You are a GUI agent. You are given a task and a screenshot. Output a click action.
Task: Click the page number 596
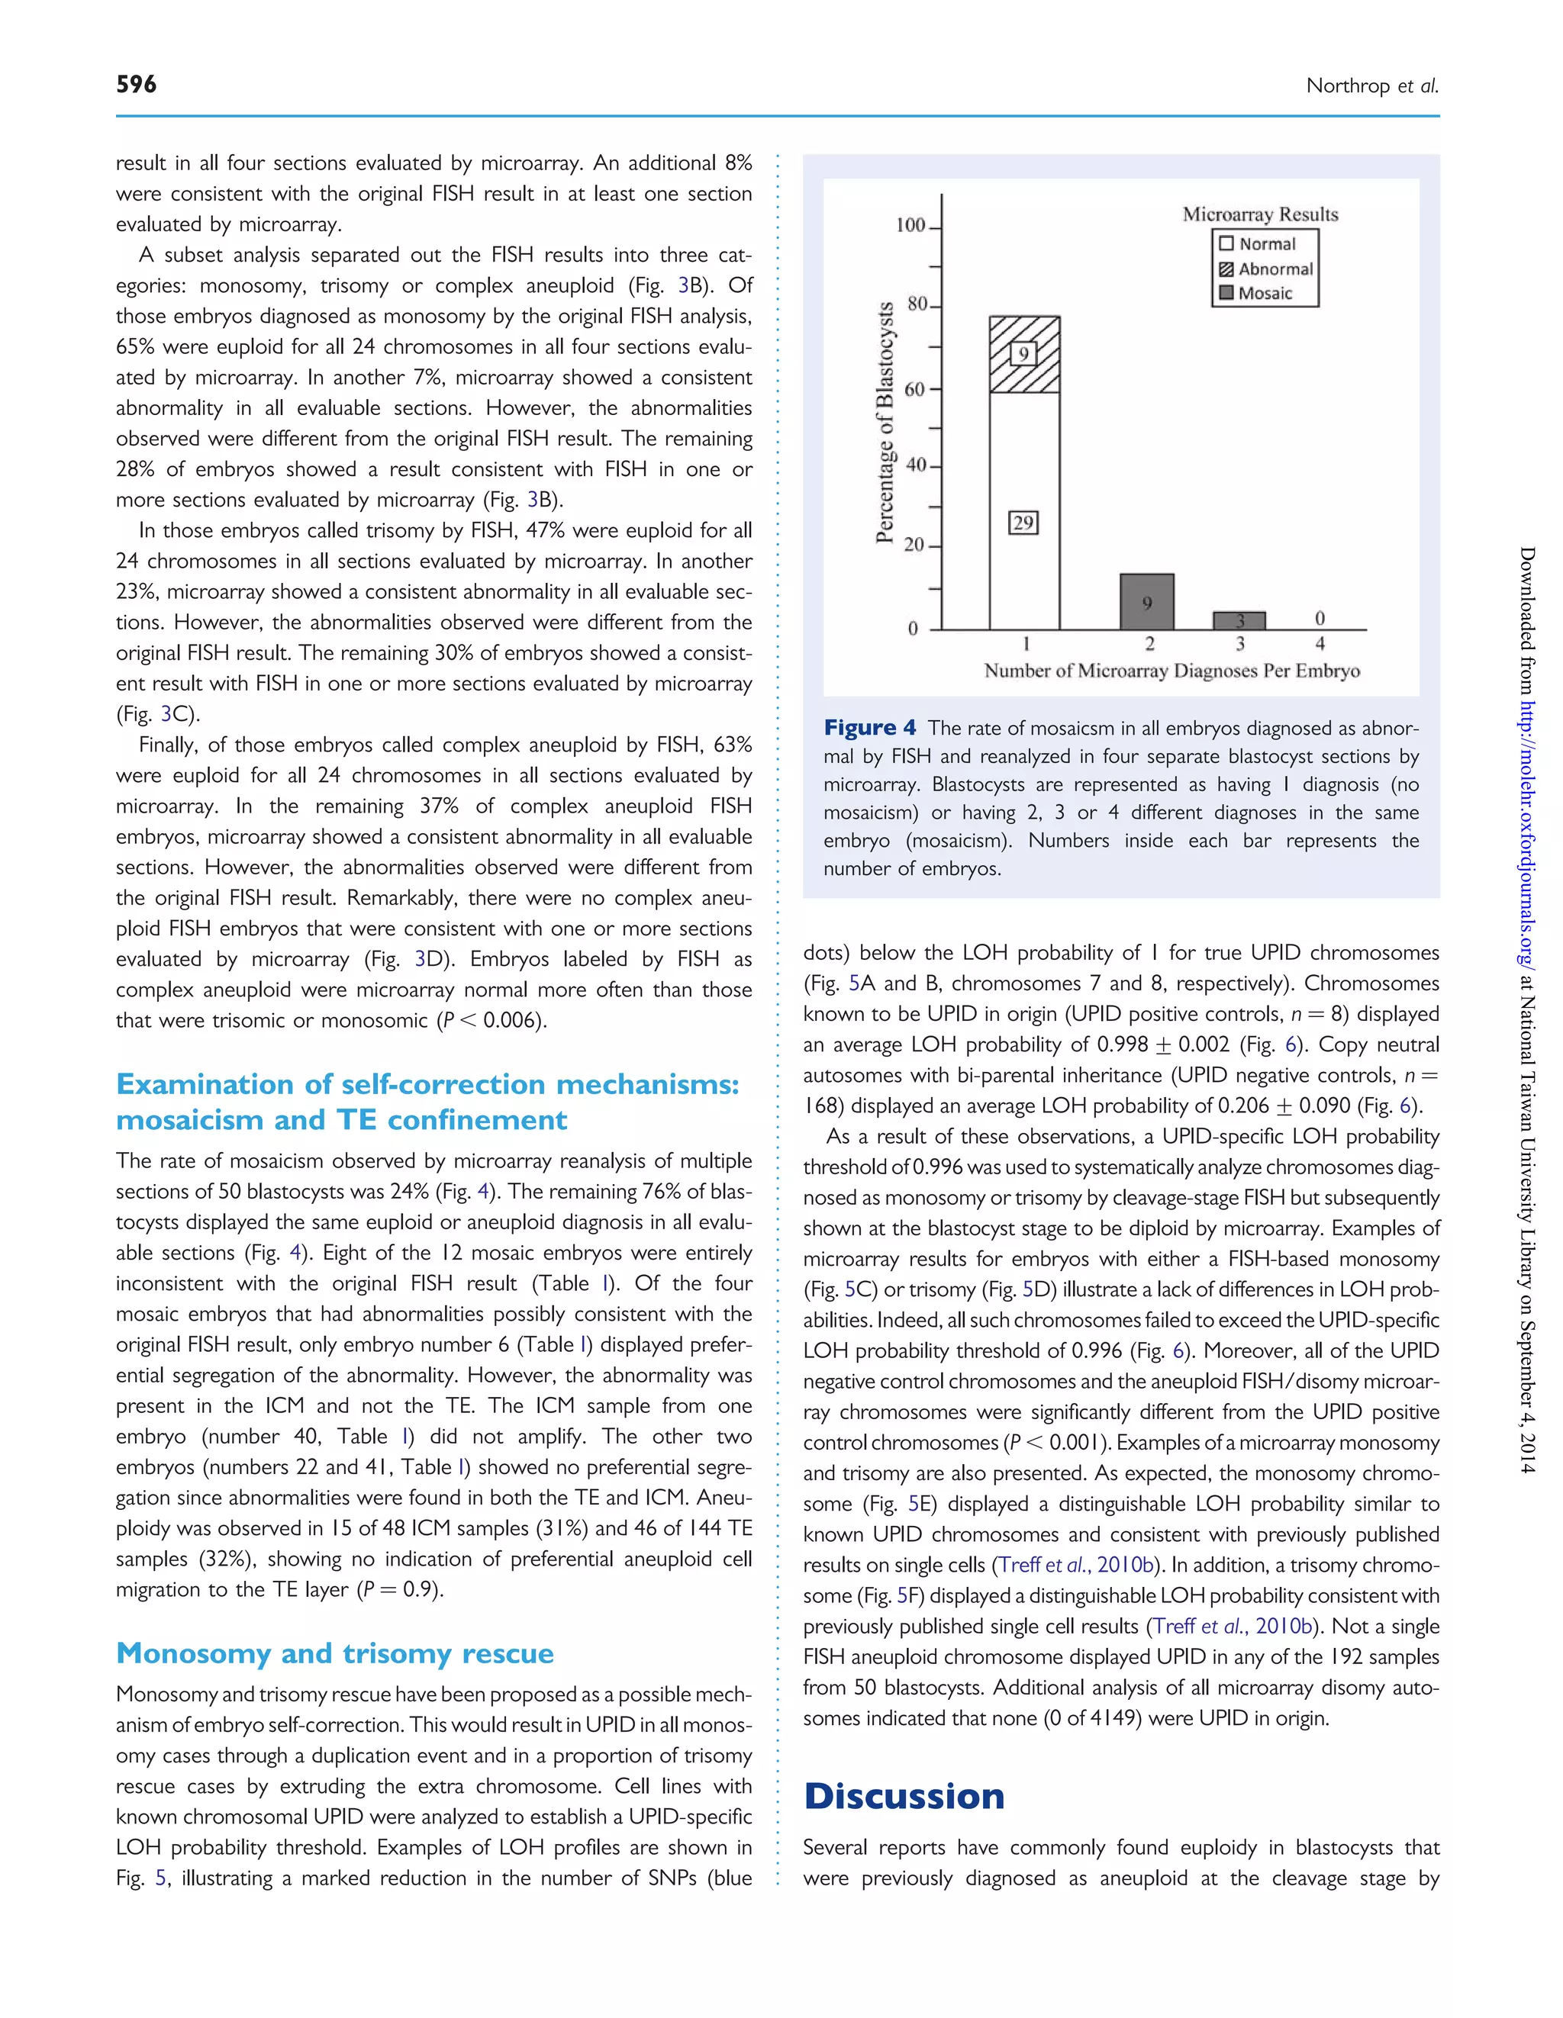(x=136, y=84)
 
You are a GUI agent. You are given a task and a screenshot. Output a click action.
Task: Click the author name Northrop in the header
(x=1348, y=86)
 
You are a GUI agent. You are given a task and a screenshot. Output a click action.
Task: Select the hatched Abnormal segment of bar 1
(x=1024, y=355)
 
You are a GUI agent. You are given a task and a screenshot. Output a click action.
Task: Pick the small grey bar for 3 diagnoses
(x=1239, y=621)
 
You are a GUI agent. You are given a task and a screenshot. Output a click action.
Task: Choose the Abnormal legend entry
(x=1265, y=269)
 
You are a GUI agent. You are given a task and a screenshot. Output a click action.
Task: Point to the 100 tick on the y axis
(x=910, y=226)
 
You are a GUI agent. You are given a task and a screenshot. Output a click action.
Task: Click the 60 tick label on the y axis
(x=914, y=389)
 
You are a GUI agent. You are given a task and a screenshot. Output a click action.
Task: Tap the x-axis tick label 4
(x=1320, y=644)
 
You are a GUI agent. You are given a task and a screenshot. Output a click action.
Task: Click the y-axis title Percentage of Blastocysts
(x=885, y=422)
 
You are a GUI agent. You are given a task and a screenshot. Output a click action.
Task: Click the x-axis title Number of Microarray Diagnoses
(x=1171, y=671)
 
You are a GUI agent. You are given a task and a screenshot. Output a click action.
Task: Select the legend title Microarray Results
(x=1260, y=214)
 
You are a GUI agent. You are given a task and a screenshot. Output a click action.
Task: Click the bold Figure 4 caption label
(x=870, y=728)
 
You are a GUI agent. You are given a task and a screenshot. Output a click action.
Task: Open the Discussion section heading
(x=903, y=1795)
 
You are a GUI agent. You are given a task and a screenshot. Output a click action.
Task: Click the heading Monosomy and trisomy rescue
(x=334, y=1653)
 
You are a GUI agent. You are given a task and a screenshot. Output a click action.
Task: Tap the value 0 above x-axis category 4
(x=1320, y=617)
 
